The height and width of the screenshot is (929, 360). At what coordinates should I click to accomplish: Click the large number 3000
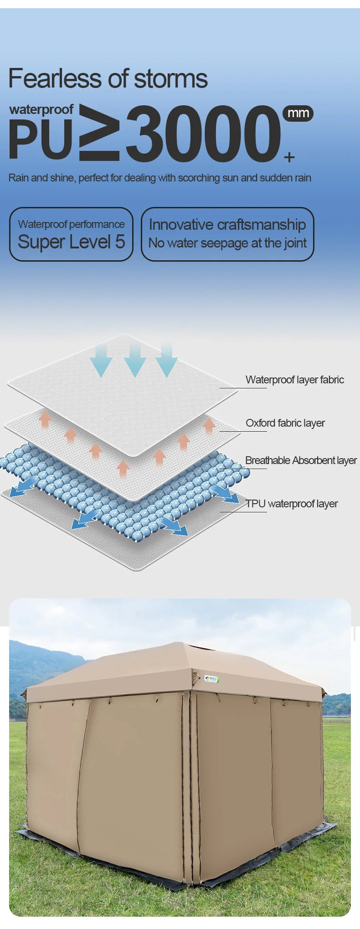203,134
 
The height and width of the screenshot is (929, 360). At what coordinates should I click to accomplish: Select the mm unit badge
298,113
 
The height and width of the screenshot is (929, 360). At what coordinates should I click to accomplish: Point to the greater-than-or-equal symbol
99,133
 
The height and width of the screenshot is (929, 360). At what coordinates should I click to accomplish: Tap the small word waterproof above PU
41,109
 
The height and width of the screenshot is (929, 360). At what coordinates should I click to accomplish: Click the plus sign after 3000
289,157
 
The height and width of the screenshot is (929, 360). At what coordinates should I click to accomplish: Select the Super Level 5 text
71,242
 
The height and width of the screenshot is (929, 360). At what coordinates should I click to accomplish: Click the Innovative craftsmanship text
227,225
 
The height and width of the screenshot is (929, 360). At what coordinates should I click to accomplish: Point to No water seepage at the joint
227,243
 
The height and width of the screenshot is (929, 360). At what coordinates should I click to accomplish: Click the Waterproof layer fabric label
294,380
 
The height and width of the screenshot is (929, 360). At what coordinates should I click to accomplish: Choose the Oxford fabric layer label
285,423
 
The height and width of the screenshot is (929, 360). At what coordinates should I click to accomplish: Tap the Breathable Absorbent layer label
301,460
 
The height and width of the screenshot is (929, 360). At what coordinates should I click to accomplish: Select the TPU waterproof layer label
292,504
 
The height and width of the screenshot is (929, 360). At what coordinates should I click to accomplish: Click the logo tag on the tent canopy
212,679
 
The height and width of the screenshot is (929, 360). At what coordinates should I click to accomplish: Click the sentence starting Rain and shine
159,178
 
